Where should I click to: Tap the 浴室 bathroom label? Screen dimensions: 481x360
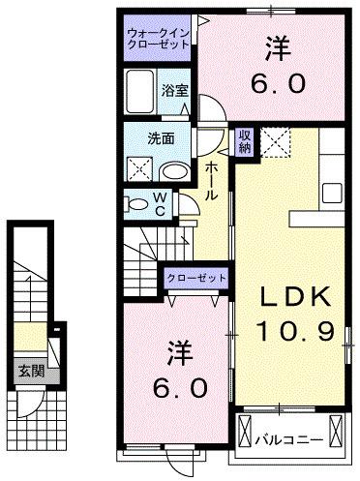pyautogui.click(x=176, y=89)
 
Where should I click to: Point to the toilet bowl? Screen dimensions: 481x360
pyautogui.click(x=133, y=204)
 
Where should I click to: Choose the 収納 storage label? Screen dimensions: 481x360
pyautogui.click(x=246, y=141)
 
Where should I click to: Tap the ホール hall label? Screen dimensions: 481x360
pyautogui.click(x=212, y=180)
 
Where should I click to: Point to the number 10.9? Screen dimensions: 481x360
pyautogui.click(x=294, y=332)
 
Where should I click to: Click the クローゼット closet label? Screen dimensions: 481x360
pyautogui.click(x=196, y=278)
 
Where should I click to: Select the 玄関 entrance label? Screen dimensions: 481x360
pyautogui.click(x=27, y=371)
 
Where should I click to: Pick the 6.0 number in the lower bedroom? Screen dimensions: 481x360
pyautogui.click(x=179, y=389)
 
